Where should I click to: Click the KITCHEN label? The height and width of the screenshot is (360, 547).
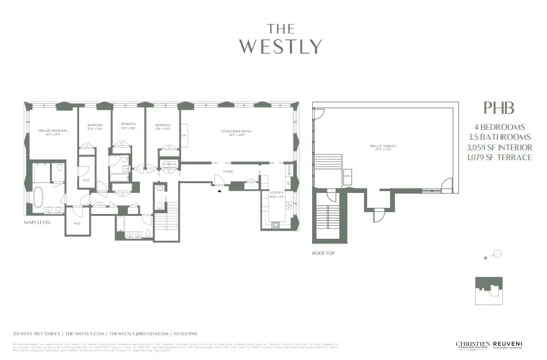(276, 194)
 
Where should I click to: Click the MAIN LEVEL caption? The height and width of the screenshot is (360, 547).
(38, 222)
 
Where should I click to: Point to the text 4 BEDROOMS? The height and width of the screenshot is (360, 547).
(500, 127)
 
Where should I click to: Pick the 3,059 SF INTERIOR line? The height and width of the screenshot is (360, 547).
(500, 147)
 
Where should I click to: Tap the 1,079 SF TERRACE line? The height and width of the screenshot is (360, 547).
(500, 157)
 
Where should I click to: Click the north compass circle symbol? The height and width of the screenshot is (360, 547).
(497, 254)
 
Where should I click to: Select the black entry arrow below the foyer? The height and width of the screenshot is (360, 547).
(218, 191)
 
